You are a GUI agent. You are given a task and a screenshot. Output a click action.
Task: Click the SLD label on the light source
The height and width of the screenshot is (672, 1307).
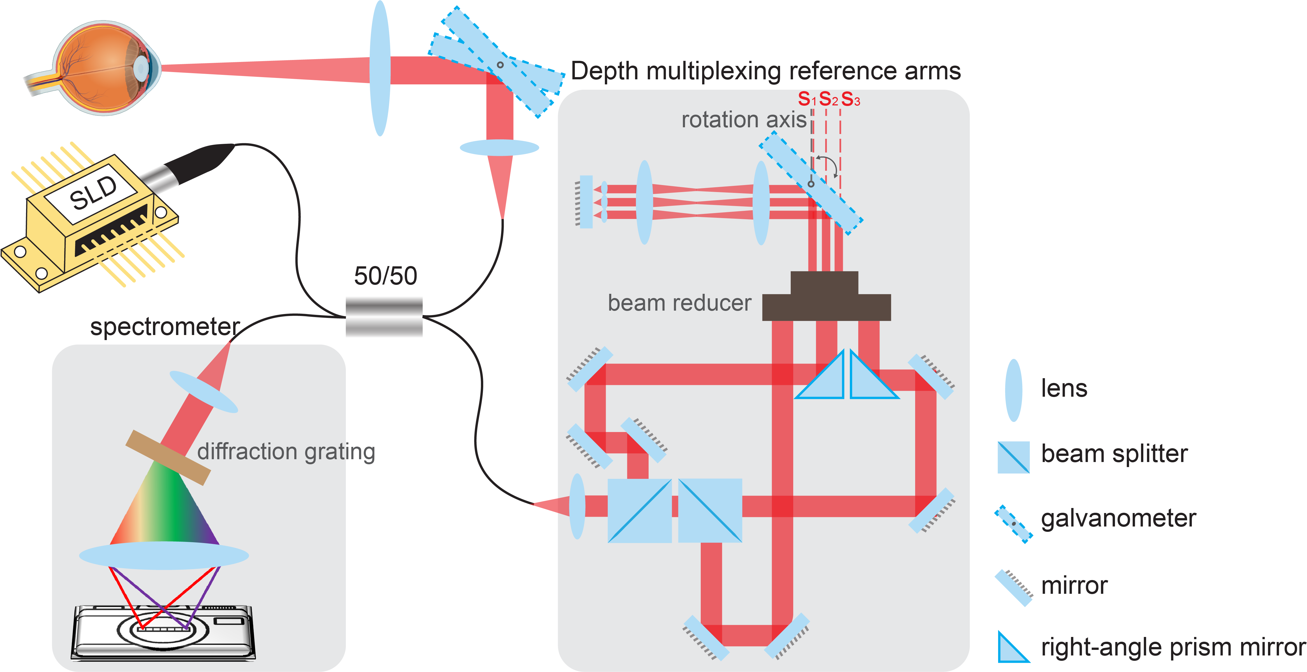(x=94, y=193)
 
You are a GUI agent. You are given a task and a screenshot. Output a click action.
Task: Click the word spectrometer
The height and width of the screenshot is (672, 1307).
(x=165, y=326)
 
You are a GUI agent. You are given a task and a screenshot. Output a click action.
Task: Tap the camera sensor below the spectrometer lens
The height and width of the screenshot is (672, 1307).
(x=163, y=632)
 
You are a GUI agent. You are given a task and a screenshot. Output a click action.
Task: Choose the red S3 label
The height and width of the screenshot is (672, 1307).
(x=850, y=99)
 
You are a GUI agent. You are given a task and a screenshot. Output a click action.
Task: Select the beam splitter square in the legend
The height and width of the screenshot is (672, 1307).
(x=1013, y=457)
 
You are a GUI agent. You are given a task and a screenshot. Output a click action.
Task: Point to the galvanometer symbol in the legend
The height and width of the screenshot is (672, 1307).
(x=1013, y=524)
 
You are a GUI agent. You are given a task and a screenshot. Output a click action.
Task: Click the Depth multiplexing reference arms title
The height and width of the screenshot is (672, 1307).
(x=765, y=71)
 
